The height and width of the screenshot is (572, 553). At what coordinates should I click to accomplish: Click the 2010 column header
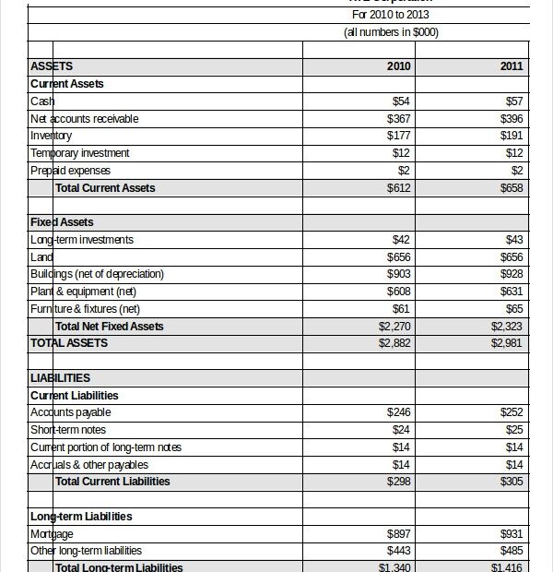[399, 66]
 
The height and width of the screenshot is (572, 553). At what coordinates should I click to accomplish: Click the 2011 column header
[512, 66]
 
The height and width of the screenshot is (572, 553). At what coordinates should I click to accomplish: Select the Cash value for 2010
[401, 101]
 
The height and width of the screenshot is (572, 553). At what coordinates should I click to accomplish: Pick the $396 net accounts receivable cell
[512, 118]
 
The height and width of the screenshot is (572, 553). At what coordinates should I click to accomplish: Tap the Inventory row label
[51, 136]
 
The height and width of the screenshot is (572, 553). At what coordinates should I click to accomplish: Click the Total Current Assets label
[105, 188]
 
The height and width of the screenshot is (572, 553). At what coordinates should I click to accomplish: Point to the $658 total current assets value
[512, 188]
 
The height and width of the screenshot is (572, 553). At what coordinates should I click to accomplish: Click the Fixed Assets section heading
[62, 222]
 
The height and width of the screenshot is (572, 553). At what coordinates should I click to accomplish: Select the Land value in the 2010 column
[399, 257]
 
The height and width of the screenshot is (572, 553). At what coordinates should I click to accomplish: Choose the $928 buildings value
[512, 274]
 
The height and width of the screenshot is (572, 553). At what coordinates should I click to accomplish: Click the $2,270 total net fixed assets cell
[394, 326]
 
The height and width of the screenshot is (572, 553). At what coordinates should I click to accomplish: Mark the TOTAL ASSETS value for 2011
[508, 343]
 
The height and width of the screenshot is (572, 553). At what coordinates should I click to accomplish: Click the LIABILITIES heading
[60, 377]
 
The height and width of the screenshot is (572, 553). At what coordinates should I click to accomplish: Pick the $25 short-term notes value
[513, 430]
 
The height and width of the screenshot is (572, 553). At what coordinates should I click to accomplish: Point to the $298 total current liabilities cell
[399, 482]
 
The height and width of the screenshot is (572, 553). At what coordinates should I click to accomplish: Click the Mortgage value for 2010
[399, 533]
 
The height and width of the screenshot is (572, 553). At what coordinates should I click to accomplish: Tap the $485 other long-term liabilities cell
[512, 551]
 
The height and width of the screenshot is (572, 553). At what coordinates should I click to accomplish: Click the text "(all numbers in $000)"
[391, 32]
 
